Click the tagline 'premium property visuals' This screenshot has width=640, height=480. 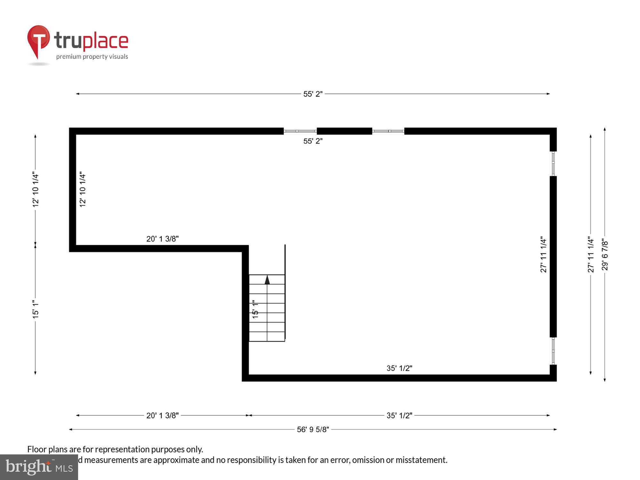[92, 57]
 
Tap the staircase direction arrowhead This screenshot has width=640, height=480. [267, 280]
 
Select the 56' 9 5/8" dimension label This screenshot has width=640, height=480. [313, 429]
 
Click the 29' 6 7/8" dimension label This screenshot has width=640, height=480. [604, 254]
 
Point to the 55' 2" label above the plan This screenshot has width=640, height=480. [313, 94]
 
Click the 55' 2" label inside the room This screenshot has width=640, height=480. [313, 141]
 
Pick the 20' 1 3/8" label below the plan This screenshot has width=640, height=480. [162, 416]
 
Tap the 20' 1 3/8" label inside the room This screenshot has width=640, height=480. [162, 239]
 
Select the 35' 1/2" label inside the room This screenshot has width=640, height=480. [399, 368]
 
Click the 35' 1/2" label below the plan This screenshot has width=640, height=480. [399, 416]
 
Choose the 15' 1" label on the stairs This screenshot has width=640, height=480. [255, 309]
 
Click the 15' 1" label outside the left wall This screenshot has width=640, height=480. [35, 309]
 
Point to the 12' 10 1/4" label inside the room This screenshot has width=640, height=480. [83, 189]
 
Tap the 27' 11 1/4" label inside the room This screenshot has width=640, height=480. [543, 254]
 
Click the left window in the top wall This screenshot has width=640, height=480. [300, 131]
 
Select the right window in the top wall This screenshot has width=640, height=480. [388, 131]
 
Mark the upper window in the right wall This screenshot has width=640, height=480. [553, 164]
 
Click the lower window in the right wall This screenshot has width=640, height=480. [553, 351]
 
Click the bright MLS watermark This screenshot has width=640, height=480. [39, 467]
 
